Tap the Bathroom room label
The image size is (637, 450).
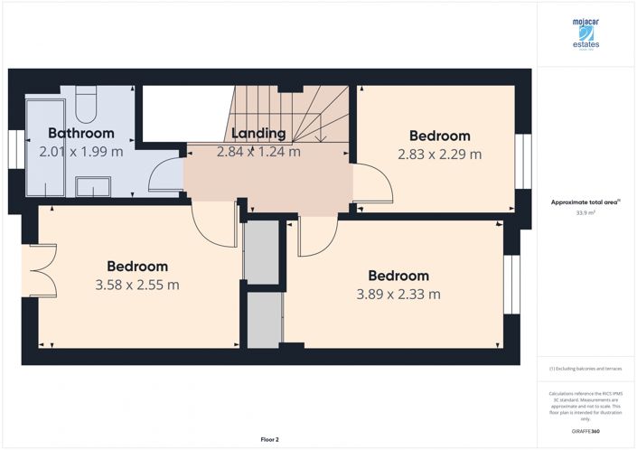(x=81, y=134)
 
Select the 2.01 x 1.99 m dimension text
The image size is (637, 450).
(x=81, y=152)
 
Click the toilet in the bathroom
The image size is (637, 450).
(x=87, y=104)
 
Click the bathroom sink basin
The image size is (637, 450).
(x=91, y=187)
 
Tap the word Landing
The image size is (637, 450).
(x=258, y=134)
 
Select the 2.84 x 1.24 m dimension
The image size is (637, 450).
(x=258, y=152)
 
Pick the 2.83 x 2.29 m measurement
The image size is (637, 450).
(x=439, y=155)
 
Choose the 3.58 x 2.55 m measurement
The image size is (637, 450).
(x=136, y=285)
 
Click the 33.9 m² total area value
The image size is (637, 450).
(x=586, y=213)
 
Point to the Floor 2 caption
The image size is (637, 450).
(x=269, y=439)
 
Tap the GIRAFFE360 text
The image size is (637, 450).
(x=586, y=433)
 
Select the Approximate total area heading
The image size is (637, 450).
(x=585, y=202)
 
